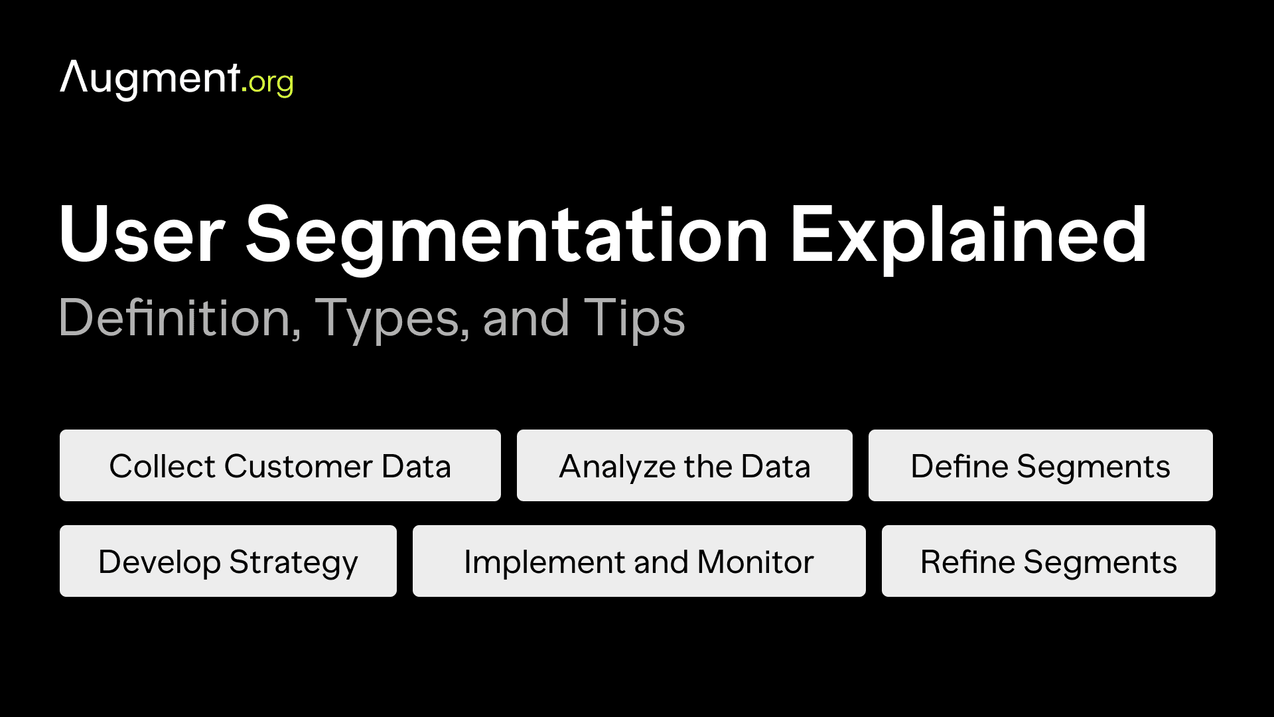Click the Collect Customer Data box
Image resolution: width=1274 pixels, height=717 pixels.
coord(280,465)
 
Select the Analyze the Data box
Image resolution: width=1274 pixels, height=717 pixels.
coord(684,465)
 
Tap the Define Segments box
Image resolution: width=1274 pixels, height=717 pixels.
coord(1040,465)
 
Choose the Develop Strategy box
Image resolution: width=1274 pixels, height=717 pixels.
coord(228,561)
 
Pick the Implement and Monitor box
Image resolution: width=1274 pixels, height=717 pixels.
coord(638,561)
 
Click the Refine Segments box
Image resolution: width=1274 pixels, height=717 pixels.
coord(1048,561)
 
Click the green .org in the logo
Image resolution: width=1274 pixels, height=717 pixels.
coord(268,82)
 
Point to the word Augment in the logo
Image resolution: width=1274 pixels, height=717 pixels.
coord(150,78)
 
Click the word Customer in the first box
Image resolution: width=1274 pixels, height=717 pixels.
coord(298,466)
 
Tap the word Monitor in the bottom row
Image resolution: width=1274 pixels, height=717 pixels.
coord(755,562)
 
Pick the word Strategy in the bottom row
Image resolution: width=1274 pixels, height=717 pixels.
coord(293,563)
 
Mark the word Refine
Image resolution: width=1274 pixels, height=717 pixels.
coord(967,562)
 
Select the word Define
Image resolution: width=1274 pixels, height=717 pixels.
coord(959,466)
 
